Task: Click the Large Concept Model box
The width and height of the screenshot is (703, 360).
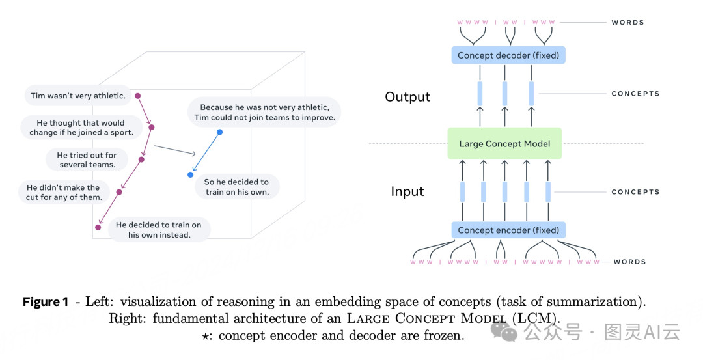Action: pos(504,144)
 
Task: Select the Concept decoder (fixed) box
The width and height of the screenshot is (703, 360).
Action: pos(508,55)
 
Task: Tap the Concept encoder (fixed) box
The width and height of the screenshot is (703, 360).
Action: pos(508,230)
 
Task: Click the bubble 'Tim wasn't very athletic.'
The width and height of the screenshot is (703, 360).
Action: pos(77,96)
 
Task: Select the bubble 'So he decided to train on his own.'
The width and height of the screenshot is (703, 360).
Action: pos(236,187)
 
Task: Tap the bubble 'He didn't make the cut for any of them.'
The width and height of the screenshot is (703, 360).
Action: pos(64,192)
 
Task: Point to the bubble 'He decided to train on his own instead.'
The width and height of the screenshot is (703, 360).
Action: pos(159,230)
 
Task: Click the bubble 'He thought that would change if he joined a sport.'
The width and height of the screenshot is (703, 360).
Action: pos(81,128)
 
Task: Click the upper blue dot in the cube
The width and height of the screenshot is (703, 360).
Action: pos(219,132)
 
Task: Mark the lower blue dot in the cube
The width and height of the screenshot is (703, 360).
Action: pos(190,174)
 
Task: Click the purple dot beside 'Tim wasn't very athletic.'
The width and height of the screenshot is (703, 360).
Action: pos(137,96)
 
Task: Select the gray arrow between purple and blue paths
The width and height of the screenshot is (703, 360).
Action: pos(175,149)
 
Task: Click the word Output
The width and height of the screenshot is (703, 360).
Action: pos(407,97)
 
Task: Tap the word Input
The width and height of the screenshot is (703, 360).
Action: pos(407,191)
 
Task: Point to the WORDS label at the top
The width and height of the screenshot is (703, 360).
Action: pos(627,23)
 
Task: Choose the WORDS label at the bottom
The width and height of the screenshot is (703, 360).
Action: pos(629,262)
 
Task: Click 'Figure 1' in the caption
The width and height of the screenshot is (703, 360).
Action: pos(46,302)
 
